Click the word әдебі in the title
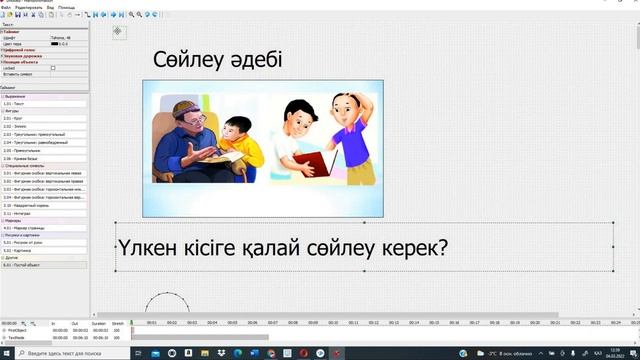(255, 60)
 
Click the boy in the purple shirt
(350, 135)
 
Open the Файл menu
(6, 5)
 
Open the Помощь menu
(69, 5)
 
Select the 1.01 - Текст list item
(15, 104)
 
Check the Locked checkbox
(53, 68)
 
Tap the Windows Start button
(6, 353)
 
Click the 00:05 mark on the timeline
(232, 323)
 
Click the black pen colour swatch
(55, 44)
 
